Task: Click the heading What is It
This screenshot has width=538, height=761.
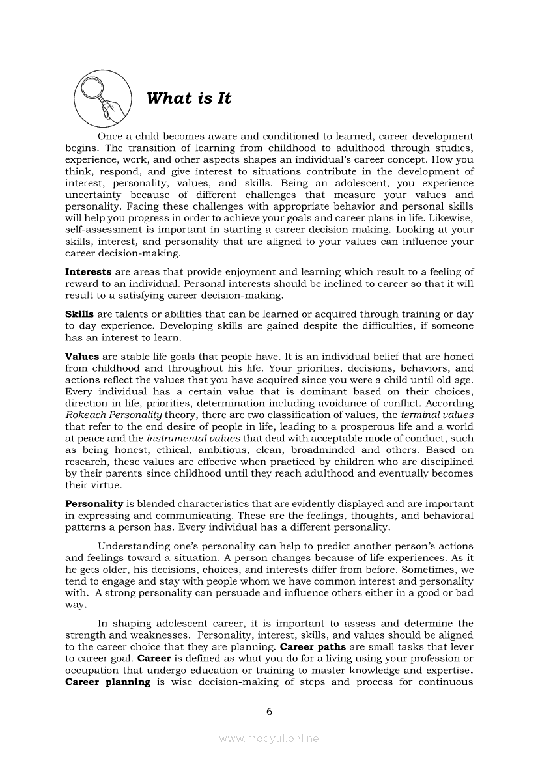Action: (x=189, y=98)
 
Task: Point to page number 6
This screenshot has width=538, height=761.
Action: (x=268, y=711)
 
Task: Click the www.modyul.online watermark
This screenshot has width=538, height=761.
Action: (x=268, y=739)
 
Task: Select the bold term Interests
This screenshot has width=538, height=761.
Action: (x=89, y=271)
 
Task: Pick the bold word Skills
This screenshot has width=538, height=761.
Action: (x=79, y=314)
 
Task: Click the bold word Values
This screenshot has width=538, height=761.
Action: (x=82, y=356)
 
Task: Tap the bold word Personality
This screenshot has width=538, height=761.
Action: (x=94, y=504)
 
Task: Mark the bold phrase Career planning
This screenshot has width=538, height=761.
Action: (x=107, y=682)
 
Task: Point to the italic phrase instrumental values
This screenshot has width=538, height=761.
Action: (x=193, y=438)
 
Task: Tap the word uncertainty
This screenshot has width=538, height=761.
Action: (x=94, y=195)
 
